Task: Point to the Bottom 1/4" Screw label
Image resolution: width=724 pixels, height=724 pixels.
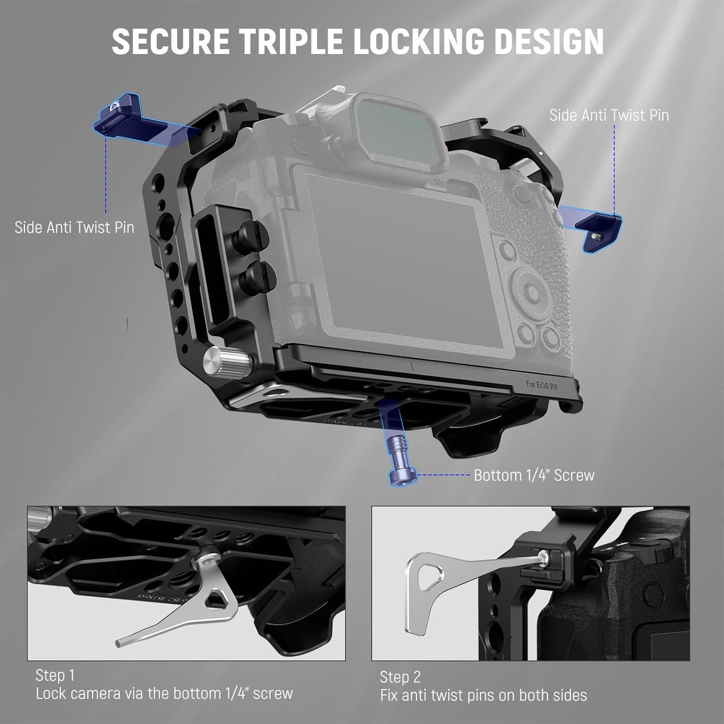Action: tap(534, 475)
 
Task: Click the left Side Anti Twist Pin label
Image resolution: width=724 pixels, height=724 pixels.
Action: tap(74, 227)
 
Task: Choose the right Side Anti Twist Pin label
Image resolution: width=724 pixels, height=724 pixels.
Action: tap(609, 115)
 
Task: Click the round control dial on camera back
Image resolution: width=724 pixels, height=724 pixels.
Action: tap(531, 292)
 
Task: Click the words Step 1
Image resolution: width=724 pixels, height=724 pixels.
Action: tap(55, 675)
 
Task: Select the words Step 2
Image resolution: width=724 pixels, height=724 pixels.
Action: tap(400, 677)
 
